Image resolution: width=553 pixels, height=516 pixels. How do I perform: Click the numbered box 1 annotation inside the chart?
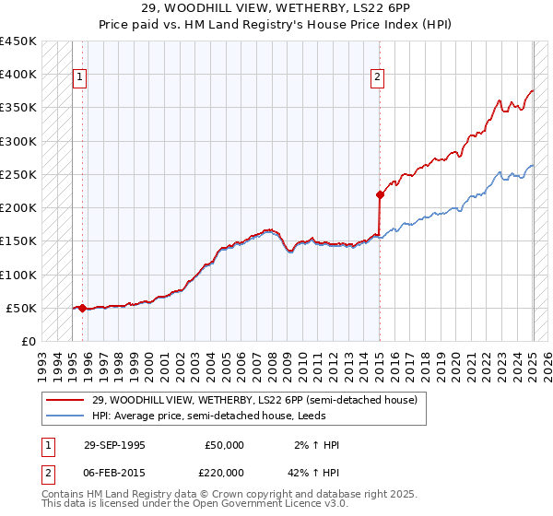[80, 78]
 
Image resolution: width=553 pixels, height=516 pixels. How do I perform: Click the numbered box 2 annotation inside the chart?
[378, 78]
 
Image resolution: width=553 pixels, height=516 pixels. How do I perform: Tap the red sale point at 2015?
[379, 194]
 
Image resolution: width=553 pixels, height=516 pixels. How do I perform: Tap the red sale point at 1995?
[82, 309]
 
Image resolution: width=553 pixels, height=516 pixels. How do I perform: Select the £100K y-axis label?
[18, 275]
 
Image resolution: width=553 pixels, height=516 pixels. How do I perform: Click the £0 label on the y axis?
[28, 342]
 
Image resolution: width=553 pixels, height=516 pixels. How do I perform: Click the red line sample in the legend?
[65, 400]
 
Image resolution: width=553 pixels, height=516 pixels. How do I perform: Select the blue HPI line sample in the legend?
[65, 416]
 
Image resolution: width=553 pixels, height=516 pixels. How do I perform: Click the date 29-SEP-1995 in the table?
[114, 445]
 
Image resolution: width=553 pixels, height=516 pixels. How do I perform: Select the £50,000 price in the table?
[224, 445]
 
